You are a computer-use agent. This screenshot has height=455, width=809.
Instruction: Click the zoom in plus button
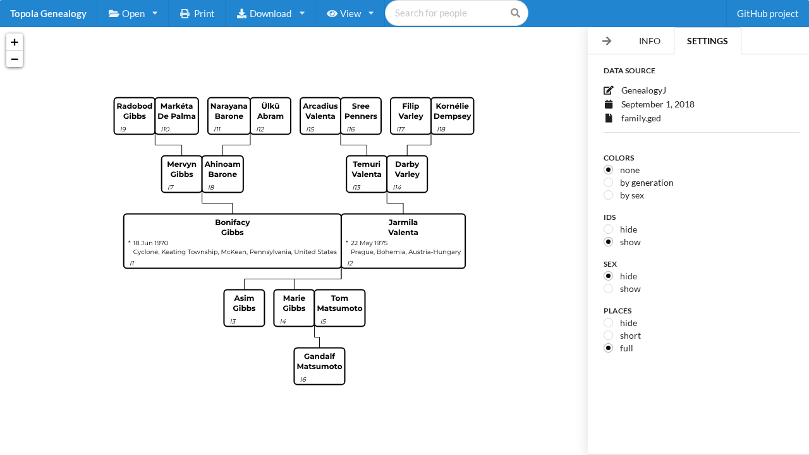tap(15, 42)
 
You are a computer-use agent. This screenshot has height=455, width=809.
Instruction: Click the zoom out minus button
tap(15, 59)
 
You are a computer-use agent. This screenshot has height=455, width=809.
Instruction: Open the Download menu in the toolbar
tap(271, 13)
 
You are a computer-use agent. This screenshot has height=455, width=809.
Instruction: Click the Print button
tap(197, 13)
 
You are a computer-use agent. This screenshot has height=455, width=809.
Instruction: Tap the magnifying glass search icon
tap(515, 13)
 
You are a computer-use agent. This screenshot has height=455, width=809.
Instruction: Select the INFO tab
tap(649, 41)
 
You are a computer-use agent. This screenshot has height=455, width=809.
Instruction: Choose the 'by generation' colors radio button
tap(609, 183)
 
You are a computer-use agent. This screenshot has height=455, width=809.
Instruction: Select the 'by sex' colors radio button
tap(609, 195)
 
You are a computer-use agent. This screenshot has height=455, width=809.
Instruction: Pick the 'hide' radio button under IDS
tap(609, 229)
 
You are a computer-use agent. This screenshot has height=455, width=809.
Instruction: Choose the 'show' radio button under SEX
tap(609, 289)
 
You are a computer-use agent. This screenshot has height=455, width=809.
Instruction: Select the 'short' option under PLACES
tap(609, 336)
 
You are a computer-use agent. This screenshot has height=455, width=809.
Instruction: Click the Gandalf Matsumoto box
tap(319, 366)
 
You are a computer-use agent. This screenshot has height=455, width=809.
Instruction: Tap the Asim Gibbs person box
tap(244, 308)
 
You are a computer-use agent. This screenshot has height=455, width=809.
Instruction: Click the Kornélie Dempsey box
tap(452, 116)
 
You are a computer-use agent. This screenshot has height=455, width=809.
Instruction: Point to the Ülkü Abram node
tap(270, 116)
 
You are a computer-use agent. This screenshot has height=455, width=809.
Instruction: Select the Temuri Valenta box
tap(366, 174)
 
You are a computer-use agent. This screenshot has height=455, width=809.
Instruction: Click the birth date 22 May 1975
tap(368, 243)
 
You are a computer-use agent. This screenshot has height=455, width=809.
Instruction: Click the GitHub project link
tap(767, 13)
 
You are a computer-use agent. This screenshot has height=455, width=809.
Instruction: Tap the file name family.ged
tap(641, 118)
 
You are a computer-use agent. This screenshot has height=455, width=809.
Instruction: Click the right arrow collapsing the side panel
tap(607, 41)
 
